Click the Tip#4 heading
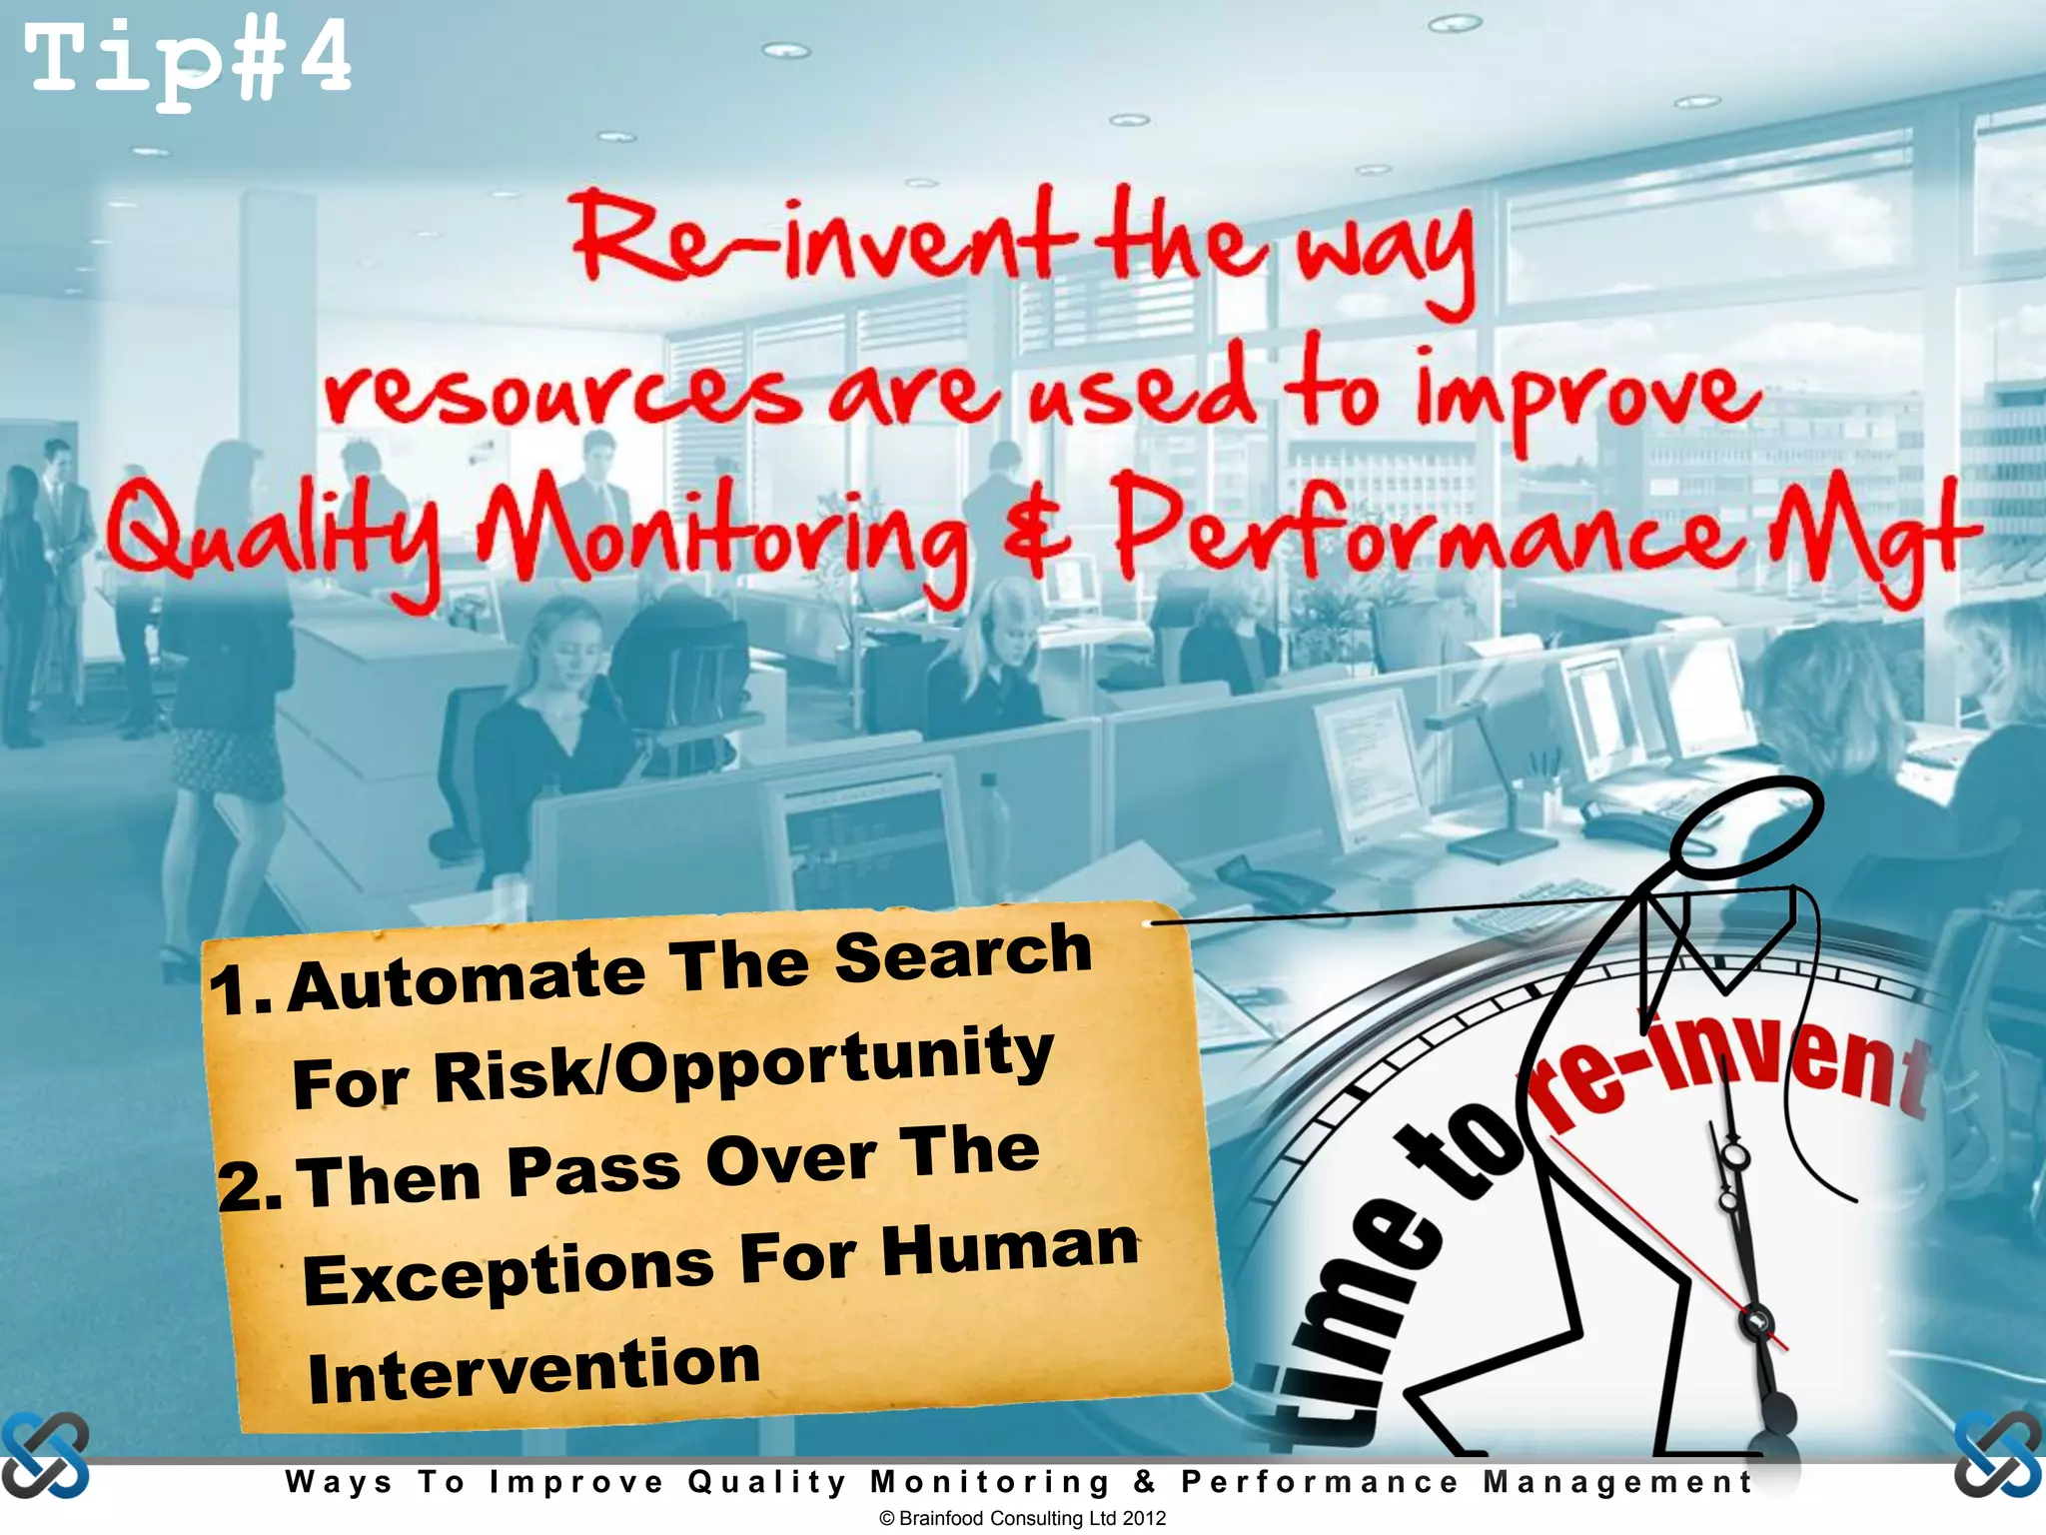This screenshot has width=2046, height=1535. (x=188, y=62)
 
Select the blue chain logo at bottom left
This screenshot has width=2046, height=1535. (x=45, y=1455)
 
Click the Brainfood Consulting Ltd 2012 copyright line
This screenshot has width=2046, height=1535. (x=1022, y=1518)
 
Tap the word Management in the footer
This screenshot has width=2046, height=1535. (x=1617, y=1482)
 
